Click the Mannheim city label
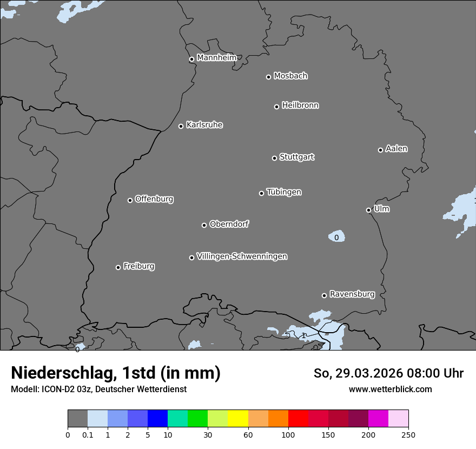pos(216,58)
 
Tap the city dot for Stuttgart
pos(274,158)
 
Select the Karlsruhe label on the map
pos(204,125)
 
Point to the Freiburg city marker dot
pos(118,267)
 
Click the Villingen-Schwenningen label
pos(242,256)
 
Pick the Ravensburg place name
pos(352,294)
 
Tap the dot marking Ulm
pos(368,210)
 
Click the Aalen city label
pos(396,149)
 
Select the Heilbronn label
pos(300,105)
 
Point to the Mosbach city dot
pos(268,77)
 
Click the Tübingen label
pos(283,192)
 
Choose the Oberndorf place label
pos(229,224)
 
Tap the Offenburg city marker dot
pos(130,200)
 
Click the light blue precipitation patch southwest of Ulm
pos(336,236)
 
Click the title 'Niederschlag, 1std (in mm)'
pos(115,373)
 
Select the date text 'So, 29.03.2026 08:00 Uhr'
pos(388,373)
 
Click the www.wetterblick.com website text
pos(390,389)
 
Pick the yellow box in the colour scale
pos(238,419)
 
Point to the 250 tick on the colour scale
pos(408,434)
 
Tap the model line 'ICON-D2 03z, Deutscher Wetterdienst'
pos(98,389)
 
